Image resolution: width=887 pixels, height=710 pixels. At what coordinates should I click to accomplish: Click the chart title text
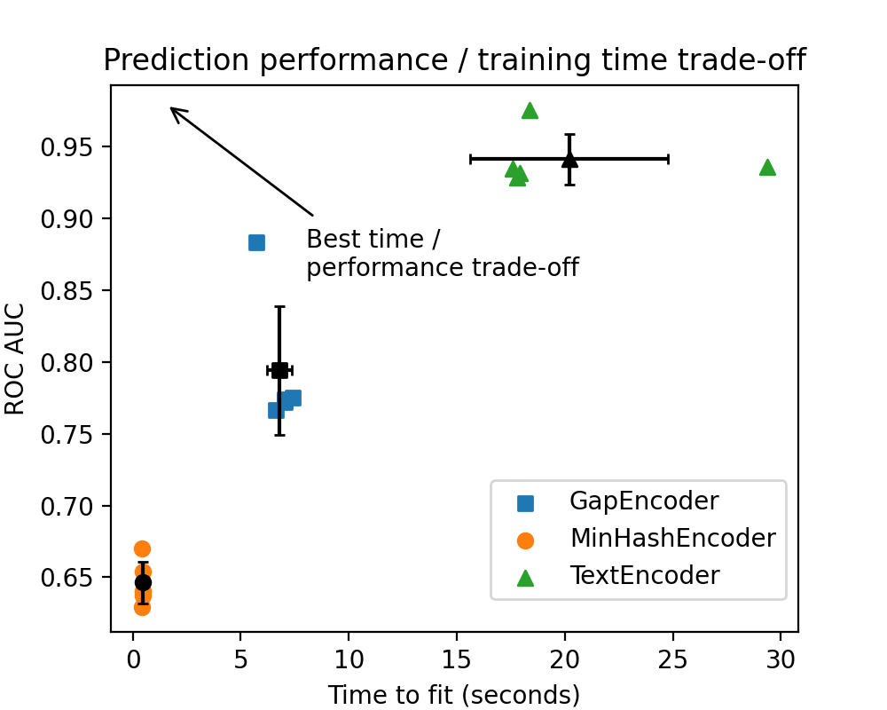coord(454,60)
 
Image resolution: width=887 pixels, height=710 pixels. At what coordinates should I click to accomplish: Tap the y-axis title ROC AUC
coord(15,359)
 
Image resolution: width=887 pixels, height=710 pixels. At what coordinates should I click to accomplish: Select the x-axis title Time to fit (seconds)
coord(454,694)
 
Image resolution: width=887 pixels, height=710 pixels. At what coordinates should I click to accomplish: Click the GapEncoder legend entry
coord(643,501)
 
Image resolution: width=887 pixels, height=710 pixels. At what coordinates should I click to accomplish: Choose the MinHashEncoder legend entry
coord(671,539)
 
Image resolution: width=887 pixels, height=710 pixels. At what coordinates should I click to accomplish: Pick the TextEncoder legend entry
coord(644,576)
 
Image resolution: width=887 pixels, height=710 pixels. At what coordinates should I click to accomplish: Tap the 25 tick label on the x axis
coord(673,659)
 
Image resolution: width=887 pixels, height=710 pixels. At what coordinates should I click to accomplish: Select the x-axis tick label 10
coord(349,659)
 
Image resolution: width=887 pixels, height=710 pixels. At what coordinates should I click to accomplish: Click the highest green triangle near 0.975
coord(530,110)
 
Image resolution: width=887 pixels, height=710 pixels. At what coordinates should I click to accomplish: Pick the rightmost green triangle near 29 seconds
coord(767,167)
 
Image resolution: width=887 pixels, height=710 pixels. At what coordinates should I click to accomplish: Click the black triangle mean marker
coord(569,159)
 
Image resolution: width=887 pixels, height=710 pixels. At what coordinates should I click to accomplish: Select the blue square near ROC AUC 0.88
coord(256,242)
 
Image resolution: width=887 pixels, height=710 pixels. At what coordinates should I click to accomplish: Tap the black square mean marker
coord(279,370)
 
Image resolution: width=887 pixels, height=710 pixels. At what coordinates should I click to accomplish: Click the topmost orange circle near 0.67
coord(142,548)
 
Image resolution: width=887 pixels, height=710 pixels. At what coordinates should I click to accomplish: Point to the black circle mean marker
coord(143,582)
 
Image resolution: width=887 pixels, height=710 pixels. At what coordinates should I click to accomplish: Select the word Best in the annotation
coord(329,240)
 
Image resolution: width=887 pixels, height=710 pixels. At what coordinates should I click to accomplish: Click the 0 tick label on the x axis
coord(133,659)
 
